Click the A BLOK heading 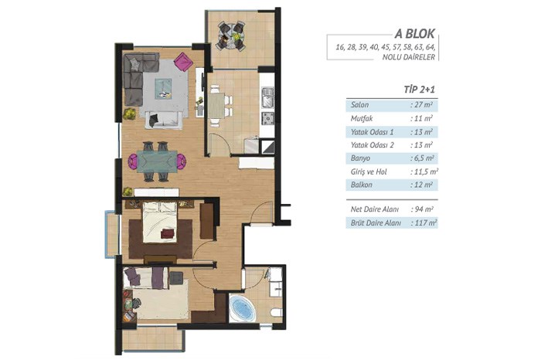[415, 34]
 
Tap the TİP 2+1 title [419, 90]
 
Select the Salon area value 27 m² [422, 105]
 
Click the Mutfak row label [362, 119]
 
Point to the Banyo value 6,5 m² [422, 158]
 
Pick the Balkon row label [361, 185]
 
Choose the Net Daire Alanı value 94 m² [422, 209]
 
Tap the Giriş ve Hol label [369, 172]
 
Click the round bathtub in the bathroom [242, 307]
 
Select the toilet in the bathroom [277, 313]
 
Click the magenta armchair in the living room [183, 61]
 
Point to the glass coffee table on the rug [163, 89]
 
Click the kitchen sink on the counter [267, 97]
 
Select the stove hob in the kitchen [267, 118]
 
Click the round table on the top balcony [230, 36]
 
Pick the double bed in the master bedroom [160, 222]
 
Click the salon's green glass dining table [157, 161]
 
